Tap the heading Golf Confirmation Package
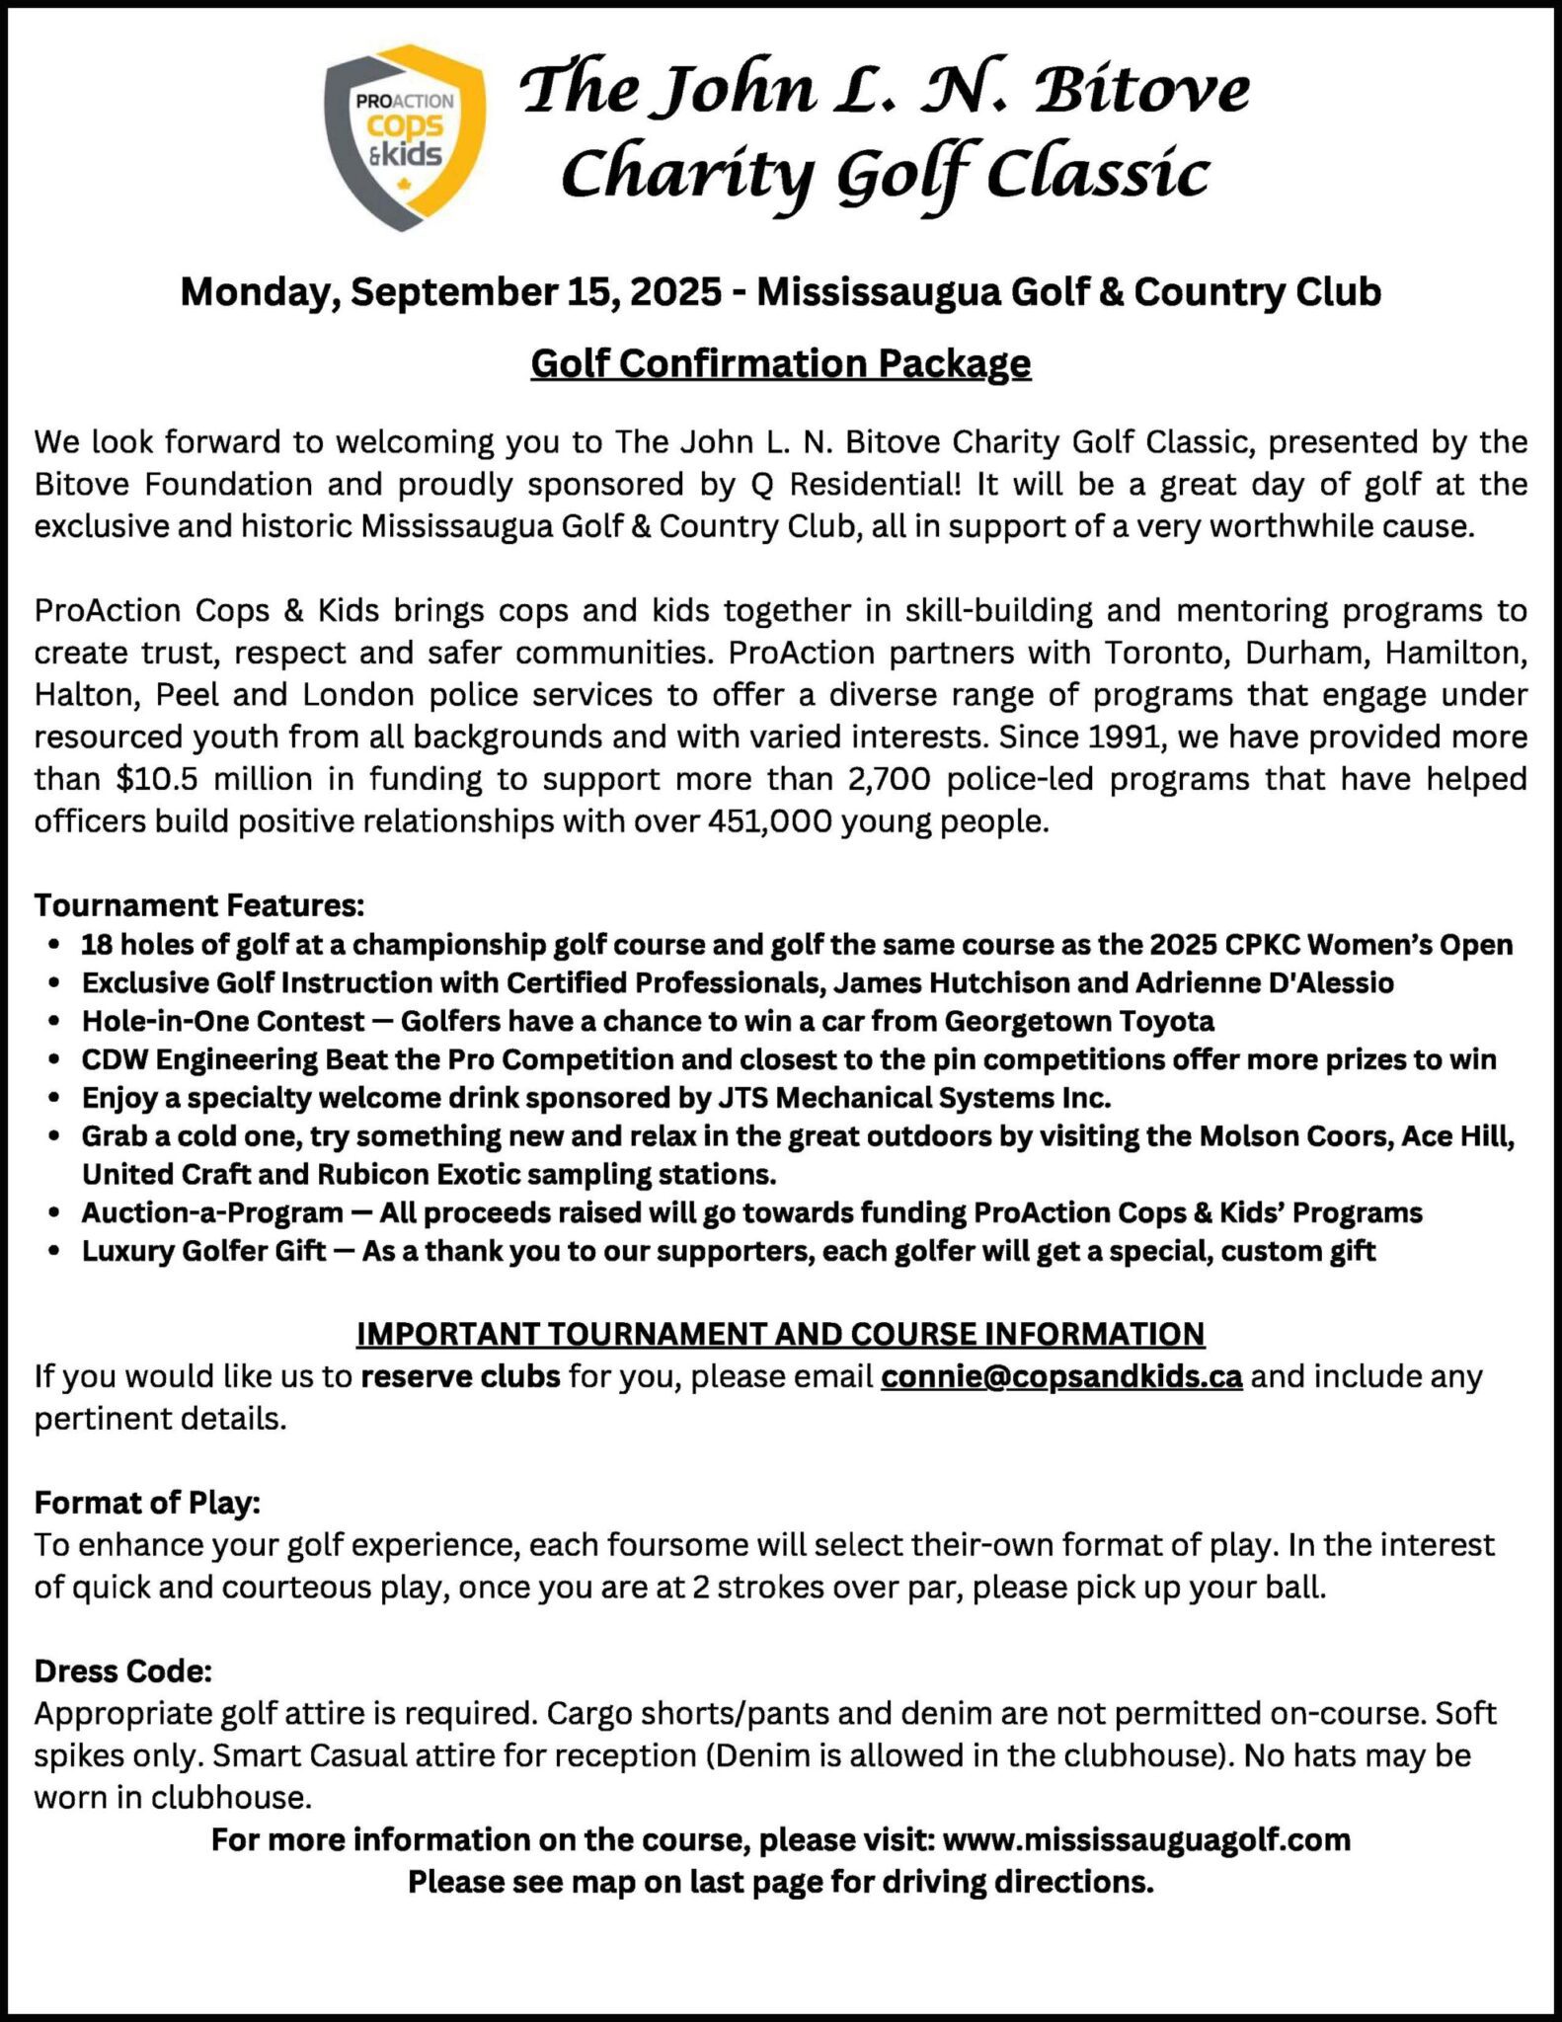[x=780, y=364]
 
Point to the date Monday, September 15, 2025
[x=450, y=292]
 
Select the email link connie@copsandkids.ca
[x=1061, y=1376]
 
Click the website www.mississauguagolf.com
[x=1146, y=1839]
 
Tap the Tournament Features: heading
[x=199, y=904]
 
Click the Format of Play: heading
[x=147, y=1503]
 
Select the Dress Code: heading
[x=123, y=1672]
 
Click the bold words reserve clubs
[x=460, y=1376]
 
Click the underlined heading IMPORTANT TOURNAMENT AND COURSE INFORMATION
[x=780, y=1334]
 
